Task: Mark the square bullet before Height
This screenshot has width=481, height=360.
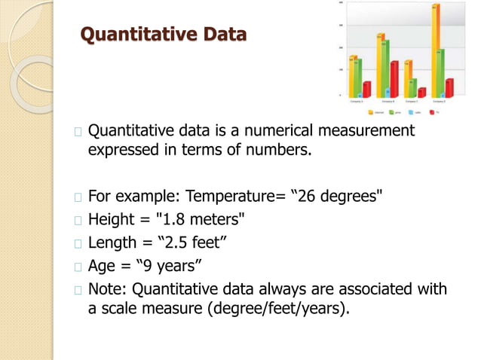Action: (79, 221)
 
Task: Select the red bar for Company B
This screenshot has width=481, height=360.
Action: (394, 79)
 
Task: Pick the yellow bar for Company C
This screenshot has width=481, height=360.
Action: (408, 78)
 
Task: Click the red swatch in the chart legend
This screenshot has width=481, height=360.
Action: (431, 112)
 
